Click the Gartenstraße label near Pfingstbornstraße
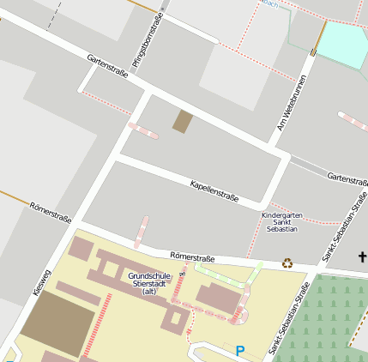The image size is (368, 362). click(108, 66)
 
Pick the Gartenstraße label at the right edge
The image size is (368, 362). click(347, 178)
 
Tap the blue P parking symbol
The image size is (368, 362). click(240, 350)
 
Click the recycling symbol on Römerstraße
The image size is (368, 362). click(287, 264)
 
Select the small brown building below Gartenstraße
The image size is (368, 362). click(183, 122)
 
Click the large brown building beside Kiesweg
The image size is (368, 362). click(57, 323)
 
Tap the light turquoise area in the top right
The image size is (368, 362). click(342, 45)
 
